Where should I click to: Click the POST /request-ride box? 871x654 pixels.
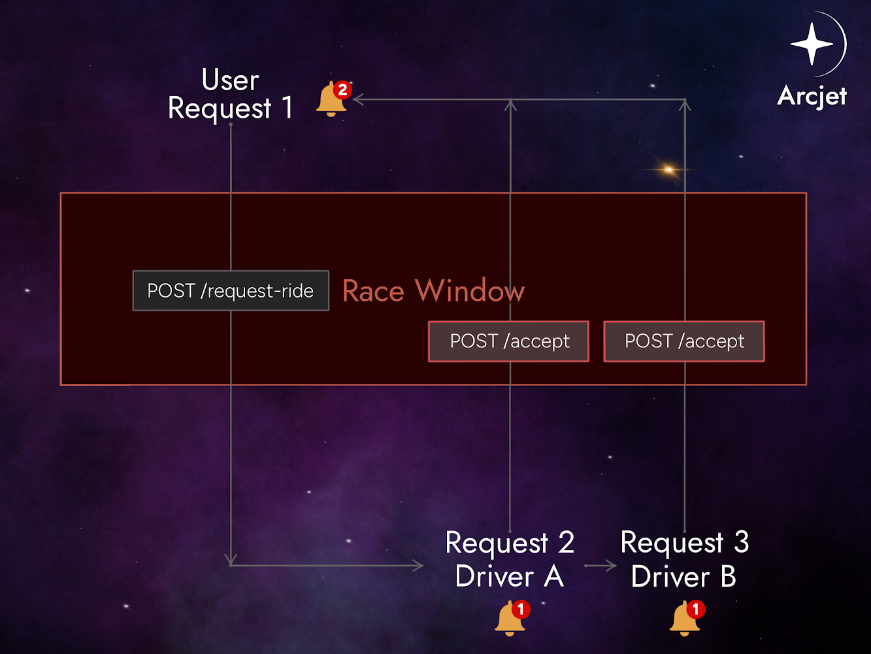pos(231,290)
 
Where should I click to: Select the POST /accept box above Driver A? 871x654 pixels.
pos(508,341)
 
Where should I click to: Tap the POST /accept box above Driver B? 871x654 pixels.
pos(683,341)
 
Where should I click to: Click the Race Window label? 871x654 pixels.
pos(433,290)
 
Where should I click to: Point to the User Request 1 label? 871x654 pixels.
pos(230,95)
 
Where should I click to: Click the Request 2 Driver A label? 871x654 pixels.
pos(509,560)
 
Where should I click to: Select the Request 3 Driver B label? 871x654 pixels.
pos(684,560)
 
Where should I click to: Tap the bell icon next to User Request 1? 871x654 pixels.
pos(331,101)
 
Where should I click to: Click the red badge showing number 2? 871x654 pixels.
pos(342,90)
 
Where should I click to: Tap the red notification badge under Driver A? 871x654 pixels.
pos(521,609)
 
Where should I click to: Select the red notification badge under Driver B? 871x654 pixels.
pos(695,609)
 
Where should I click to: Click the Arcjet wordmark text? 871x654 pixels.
pos(812,96)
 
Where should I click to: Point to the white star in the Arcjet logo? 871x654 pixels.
pos(812,44)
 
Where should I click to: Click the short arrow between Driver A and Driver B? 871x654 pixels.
pos(600,566)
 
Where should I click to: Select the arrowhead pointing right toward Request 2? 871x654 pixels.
pos(418,566)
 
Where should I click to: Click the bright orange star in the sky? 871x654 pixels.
pos(668,169)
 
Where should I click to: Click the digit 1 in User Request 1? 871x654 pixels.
pos(286,108)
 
